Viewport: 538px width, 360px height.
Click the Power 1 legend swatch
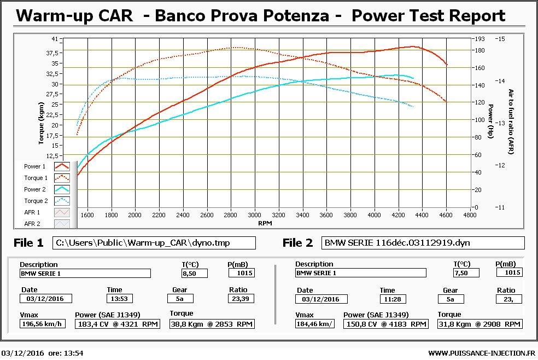tap(62, 166)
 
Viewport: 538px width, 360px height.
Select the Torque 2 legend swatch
tap(62, 201)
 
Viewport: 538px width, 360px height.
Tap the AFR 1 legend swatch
tap(62, 212)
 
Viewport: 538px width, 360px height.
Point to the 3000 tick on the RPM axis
tap(254, 215)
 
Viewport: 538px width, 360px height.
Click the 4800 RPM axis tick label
tap(470, 215)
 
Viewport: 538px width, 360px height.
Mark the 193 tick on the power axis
tap(479, 39)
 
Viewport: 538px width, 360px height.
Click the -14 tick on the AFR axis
tap(500, 81)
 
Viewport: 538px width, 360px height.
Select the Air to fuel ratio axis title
tap(511, 121)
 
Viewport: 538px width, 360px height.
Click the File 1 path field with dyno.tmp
tap(154, 243)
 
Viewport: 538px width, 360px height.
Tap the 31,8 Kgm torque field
tap(479, 324)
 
